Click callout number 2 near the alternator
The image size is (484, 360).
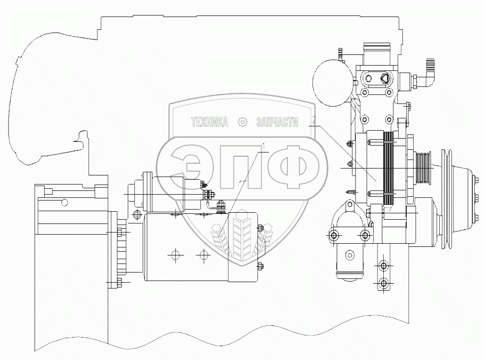point(315,120)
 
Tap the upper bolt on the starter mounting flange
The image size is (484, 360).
point(119,231)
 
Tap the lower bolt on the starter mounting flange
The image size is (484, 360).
point(119,282)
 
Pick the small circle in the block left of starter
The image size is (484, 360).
point(64,202)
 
